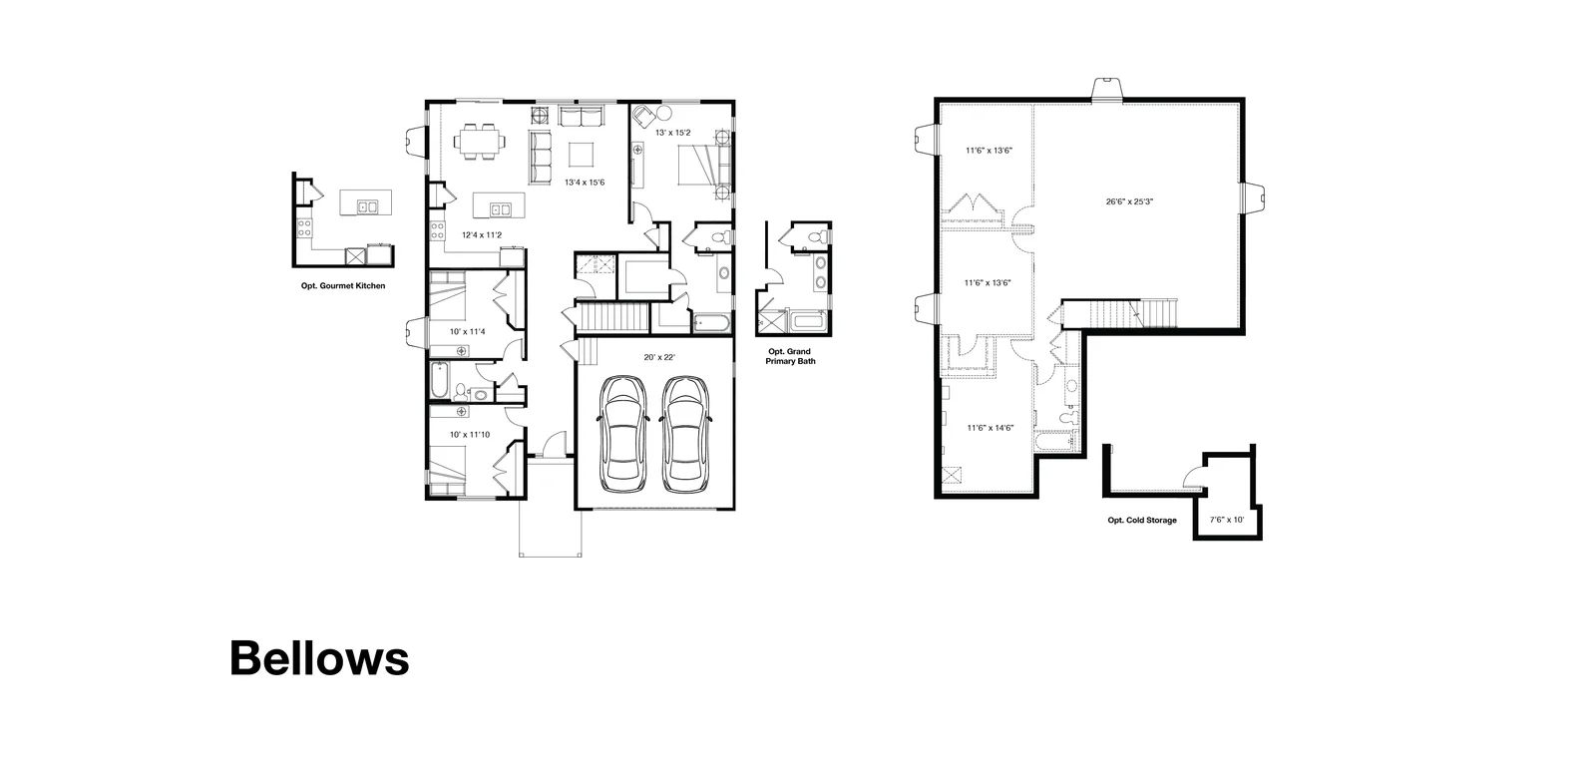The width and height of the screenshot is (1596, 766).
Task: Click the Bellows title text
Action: pos(319,657)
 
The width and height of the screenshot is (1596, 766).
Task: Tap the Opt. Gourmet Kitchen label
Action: pos(343,285)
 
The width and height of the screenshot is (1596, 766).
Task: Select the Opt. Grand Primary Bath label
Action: pos(790,356)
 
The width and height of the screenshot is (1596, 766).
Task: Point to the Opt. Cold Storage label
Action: pos(1141,521)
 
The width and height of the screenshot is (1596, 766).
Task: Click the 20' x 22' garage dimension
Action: pos(659,358)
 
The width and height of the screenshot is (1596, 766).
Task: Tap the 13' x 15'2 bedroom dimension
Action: pos(672,133)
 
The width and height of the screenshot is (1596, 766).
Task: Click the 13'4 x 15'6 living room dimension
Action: pos(585,183)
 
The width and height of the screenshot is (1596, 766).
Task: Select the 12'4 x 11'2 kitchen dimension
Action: pos(482,235)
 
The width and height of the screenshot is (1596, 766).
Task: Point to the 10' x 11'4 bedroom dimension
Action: pos(468,331)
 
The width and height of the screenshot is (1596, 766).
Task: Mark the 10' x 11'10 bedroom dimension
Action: pos(470,435)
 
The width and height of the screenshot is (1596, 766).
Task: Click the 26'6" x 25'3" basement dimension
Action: pos(1129,201)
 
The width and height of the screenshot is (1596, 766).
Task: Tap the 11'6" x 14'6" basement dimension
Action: pos(991,428)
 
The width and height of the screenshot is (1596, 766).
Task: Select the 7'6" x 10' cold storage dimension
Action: pos(1227,521)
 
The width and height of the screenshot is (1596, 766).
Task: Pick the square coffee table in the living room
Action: pos(581,155)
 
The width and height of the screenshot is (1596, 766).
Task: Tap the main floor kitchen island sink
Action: pos(500,209)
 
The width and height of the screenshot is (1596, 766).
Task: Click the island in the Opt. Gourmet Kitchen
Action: pos(365,202)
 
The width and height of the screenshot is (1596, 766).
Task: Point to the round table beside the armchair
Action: pos(664,114)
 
